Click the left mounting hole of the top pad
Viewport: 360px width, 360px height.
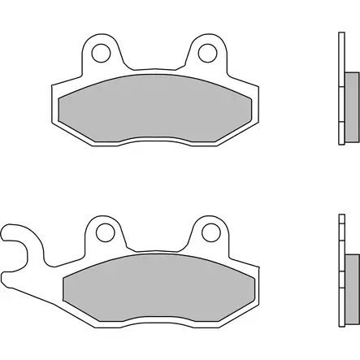pos(101,54)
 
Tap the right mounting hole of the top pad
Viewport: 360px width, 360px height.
pos(205,54)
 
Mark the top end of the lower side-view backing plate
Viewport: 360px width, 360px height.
pos(340,216)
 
